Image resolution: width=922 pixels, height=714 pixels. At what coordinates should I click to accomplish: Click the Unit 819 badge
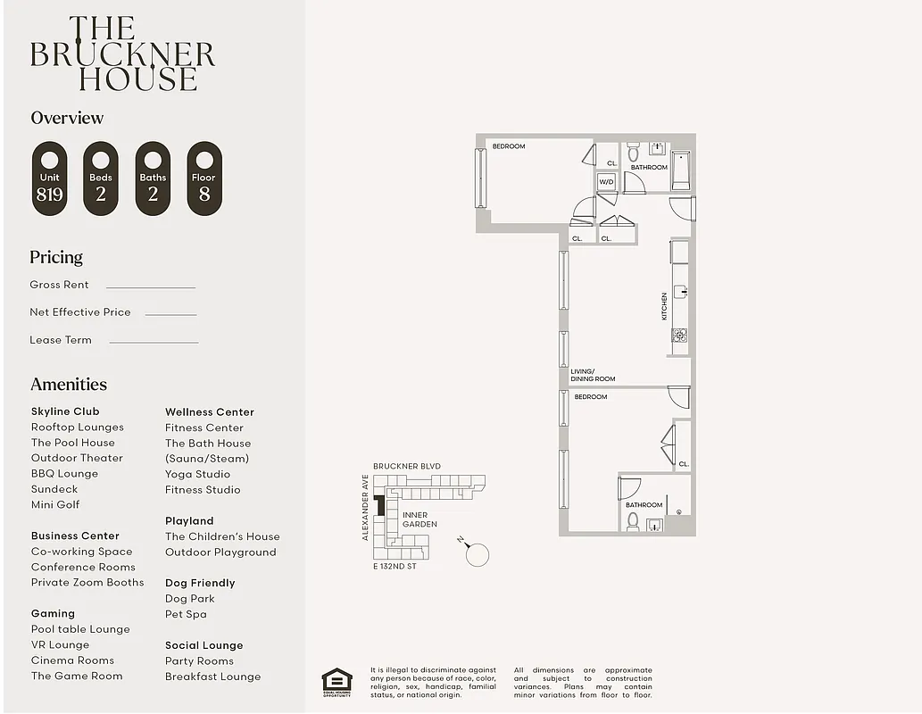(x=50, y=178)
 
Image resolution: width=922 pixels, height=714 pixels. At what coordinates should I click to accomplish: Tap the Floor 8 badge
(x=204, y=178)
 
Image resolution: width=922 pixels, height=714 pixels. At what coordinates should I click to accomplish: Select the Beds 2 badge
(x=101, y=178)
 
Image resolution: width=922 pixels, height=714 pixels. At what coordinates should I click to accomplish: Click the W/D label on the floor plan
(x=607, y=182)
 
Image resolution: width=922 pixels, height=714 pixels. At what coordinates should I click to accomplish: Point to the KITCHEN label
(x=664, y=307)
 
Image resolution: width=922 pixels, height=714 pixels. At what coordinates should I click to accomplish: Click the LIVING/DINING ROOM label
(x=593, y=375)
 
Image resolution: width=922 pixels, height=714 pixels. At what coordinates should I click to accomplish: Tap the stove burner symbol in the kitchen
(x=679, y=336)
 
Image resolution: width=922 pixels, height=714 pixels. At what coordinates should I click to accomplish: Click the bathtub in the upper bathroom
(x=681, y=170)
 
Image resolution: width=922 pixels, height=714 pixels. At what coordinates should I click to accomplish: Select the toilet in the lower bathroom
(x=633, y=520)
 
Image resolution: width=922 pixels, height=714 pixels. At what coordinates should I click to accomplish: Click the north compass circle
(x=478, y=554)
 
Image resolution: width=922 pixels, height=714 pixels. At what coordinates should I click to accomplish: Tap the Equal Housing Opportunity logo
(x=336, y=682)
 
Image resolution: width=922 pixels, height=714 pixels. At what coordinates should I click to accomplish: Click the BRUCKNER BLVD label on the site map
(x=406, y=467)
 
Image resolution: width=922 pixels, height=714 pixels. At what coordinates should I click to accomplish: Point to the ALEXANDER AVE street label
(x=366, y=508)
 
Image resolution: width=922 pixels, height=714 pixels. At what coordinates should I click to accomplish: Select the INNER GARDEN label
(x=419, y=519)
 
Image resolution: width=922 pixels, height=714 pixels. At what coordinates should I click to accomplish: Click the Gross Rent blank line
(x=150, y=287)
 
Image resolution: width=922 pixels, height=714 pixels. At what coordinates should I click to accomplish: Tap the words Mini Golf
(x=55, y=505)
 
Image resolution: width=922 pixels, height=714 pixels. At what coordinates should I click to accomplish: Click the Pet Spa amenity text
(x=186, y=614)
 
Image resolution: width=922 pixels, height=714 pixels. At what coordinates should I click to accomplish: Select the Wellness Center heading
(x=210, y=412)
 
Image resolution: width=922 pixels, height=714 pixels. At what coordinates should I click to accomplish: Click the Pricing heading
(x=56, y=257)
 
